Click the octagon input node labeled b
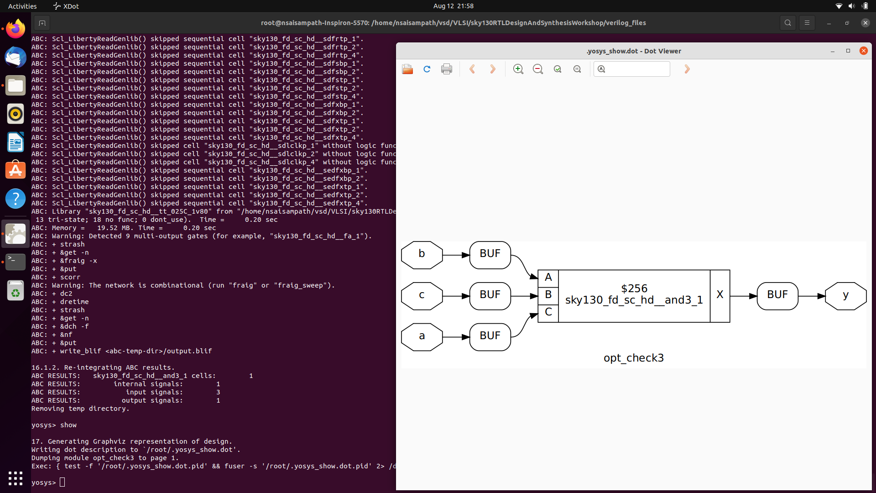422,254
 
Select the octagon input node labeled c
422,295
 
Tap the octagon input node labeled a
422,336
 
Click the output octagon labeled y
845,295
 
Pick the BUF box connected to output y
777,295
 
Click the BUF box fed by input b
490,254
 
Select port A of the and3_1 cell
548,278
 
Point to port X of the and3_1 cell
720,295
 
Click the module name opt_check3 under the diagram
633,358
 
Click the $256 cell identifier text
634,288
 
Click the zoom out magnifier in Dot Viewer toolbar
538,69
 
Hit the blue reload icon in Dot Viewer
427,69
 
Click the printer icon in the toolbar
447,69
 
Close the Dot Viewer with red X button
863,51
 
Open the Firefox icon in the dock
16,29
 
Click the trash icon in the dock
16,291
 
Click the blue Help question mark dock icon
16,199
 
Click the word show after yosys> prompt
68,425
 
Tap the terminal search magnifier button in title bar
787,23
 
